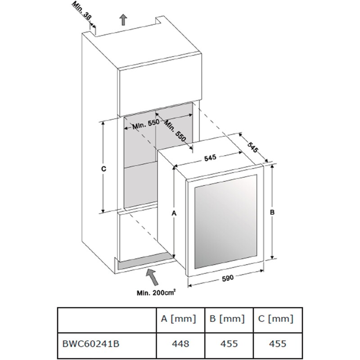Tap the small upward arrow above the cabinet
[124, 20]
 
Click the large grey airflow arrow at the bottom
[152, 277]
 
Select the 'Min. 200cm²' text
[156, 293]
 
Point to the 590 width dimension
[228, 278]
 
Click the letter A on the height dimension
[174, 213]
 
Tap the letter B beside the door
[272, 212]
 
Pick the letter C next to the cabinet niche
[104, 169]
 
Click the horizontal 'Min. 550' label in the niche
[146, 124]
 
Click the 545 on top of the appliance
[210, 157]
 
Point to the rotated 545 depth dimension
[253, 147]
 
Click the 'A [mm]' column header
[179, 319]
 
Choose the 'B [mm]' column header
[227, 319]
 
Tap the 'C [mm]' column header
[276, 319]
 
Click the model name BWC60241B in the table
[91, 344]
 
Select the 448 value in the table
[180, 344]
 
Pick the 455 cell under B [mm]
[229, 344]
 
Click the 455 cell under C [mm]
[278, 344]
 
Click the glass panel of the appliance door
[226, 221]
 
